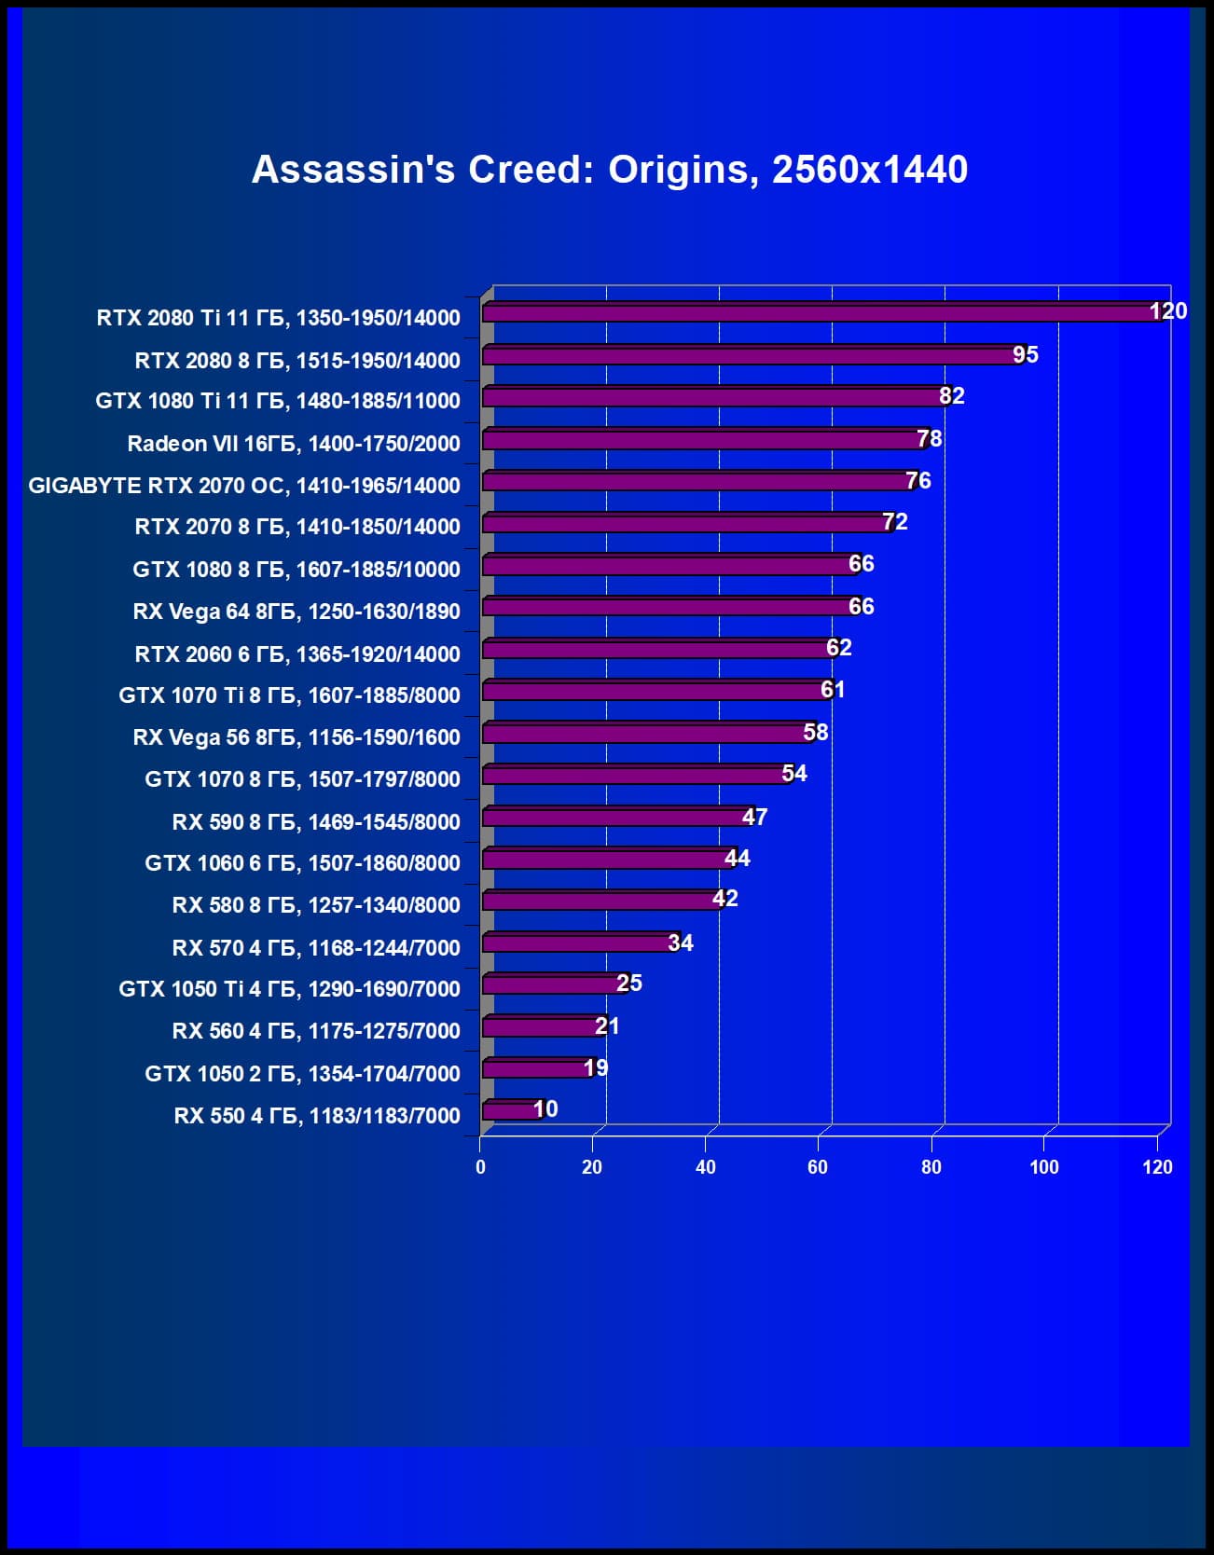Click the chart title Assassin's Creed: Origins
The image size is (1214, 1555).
[610, 170]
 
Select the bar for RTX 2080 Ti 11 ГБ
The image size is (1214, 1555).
[821, 312]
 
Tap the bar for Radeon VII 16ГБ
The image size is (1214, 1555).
[704, 439]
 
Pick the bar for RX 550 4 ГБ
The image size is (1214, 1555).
[509, 1110]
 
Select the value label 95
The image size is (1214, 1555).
[1025, 355]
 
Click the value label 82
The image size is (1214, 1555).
[951, 396]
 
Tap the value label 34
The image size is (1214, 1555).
[681, 943]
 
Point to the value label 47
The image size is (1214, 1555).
[754, 818]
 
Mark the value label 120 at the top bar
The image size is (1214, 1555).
[1167, 311]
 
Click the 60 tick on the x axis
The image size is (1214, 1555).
[818, 1167]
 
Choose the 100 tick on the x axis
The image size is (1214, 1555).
[1043, 1167]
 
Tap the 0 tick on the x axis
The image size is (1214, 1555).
[480, 1167]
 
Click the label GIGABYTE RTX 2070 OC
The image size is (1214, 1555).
[244, 486]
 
